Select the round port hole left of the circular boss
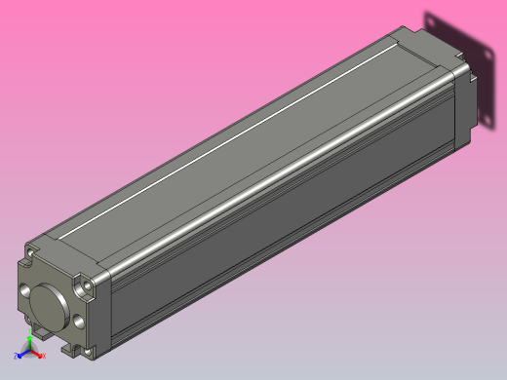24,291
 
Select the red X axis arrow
39,355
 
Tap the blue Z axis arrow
22,355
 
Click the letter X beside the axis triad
45,357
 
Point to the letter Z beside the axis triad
16,357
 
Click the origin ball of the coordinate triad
30,353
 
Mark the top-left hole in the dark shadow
432,22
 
